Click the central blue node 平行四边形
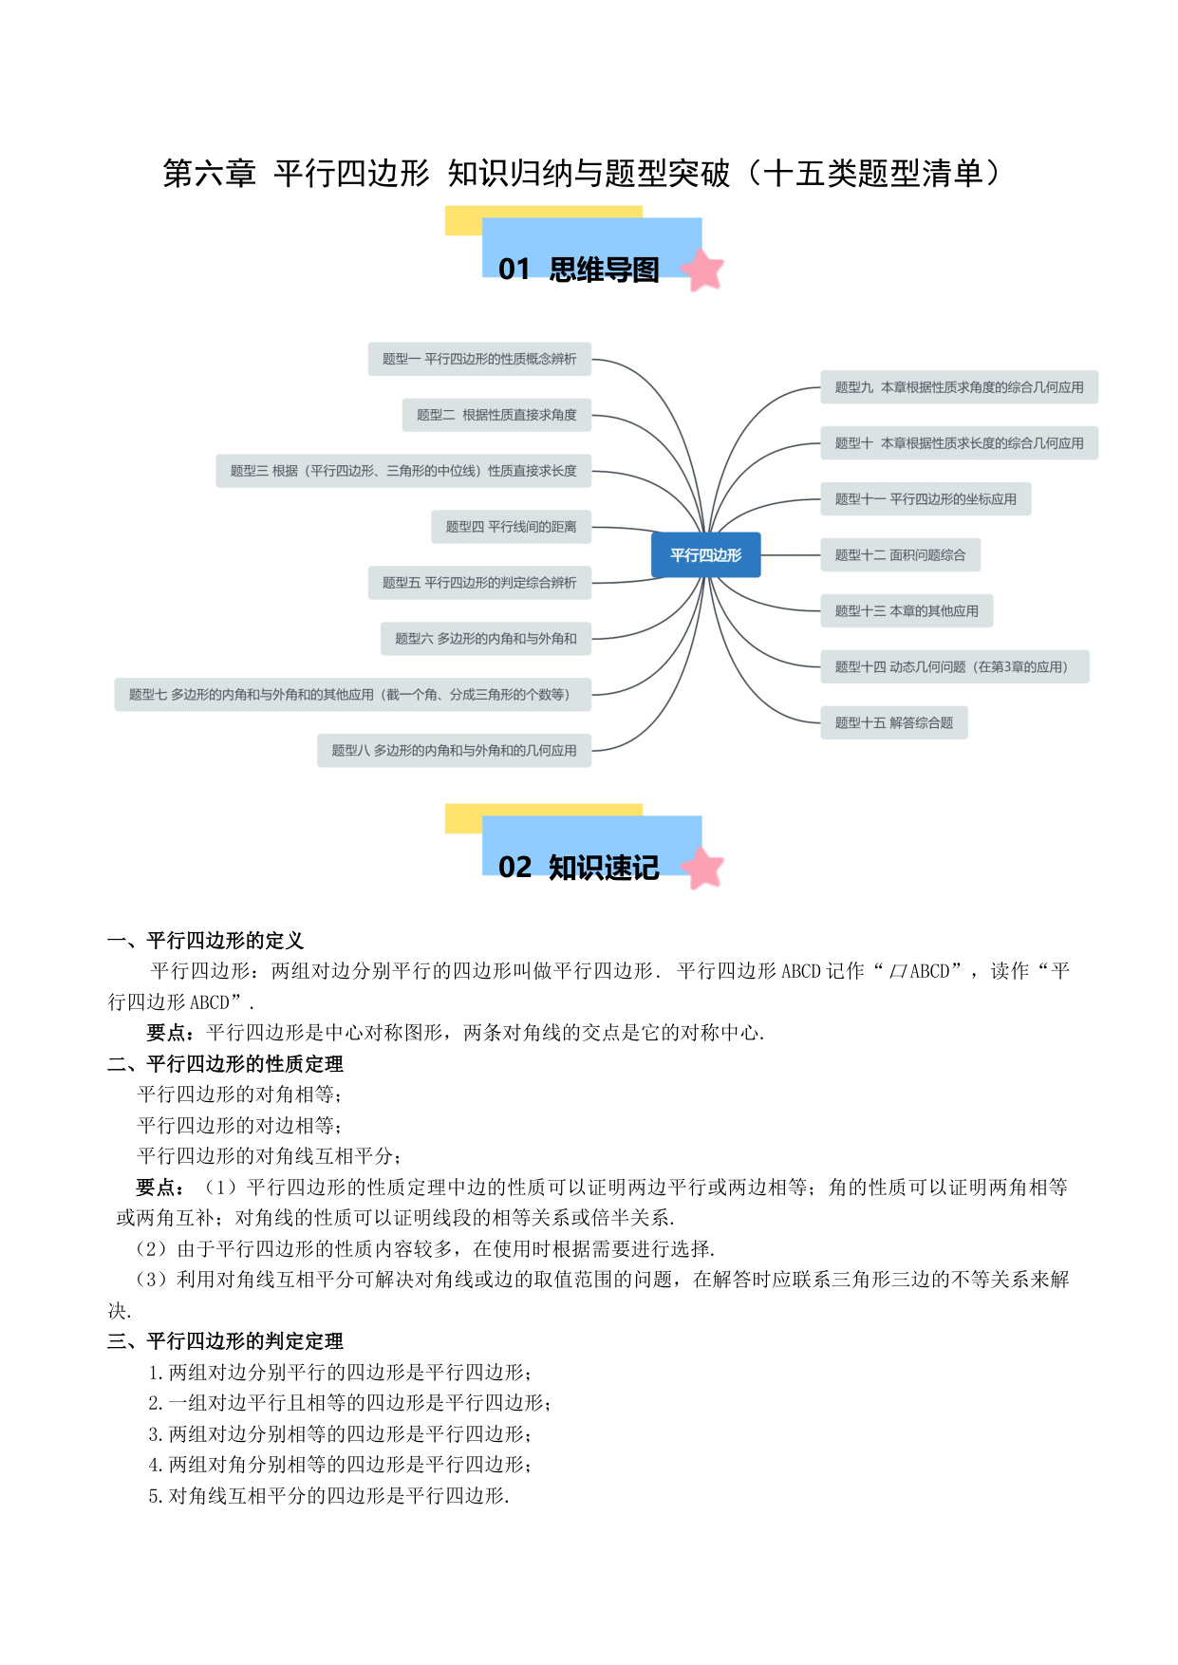pos(705,554)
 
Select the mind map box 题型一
pos(479,359)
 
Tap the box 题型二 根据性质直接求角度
pos(496,415)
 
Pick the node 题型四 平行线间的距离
pos(511,527)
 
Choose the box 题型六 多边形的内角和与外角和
pos(486,639)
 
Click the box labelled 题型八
pos(454,751)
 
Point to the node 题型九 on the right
pos(959,387)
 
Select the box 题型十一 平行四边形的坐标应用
pos(926,499)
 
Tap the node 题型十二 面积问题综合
pos(900,555)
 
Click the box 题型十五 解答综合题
pos(894,723)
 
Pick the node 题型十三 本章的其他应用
pos(907,611)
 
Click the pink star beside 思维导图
pos(702,270)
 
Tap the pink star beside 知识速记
pos(702,868)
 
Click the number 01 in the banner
pos(514,270)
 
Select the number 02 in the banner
pos(514,868)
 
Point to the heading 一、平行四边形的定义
pos(206,941)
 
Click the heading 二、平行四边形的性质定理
pos(226,1064)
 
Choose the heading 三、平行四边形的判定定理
pos(226,1341)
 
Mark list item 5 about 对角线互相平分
pos(328,1496)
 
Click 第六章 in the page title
pos(209,174)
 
